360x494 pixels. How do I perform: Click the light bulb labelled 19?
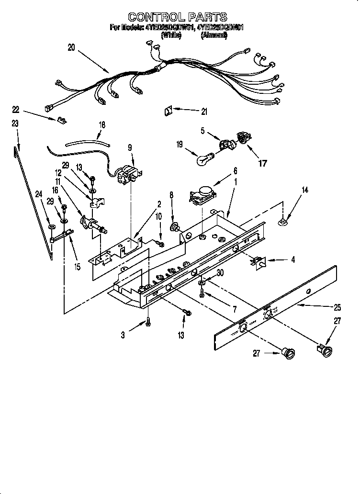point(204,158)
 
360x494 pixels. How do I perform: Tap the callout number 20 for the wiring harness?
point(71,47)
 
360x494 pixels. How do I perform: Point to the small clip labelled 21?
point(169,111)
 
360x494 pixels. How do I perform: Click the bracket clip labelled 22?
point(62,119)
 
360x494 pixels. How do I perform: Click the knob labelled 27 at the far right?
point(326,351)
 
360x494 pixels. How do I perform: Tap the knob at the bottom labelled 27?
point(288,354)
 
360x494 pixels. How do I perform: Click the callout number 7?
point(234,309)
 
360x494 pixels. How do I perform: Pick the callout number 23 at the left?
point(15,123)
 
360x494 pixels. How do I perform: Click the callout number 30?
point(220,273)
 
